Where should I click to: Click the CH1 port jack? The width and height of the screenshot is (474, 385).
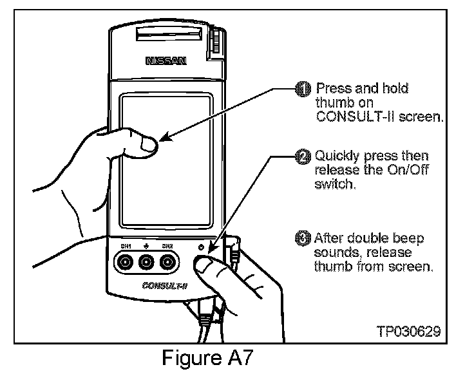coord(125,262)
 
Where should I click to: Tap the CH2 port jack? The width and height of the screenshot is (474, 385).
coord(168,262)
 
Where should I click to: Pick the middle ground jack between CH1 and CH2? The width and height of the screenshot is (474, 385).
coord(147,262)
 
